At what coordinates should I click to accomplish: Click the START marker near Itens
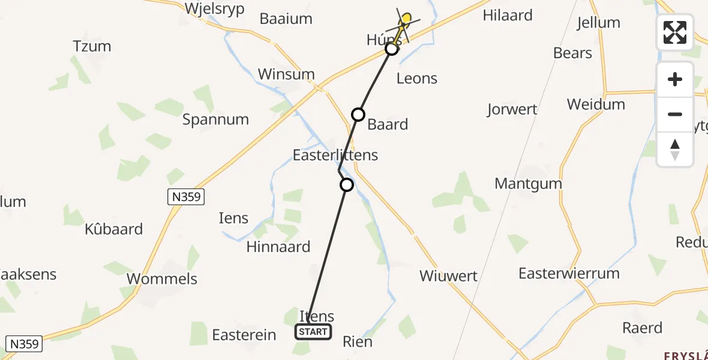pyautogui.click(x=313, y=332)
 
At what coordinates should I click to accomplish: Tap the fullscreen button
pyautogui.click(x=675, y=32)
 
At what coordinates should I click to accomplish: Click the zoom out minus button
pyautogui.click(x=675, y=114)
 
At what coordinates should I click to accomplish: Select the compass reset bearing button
pyautogui.click(x=675, y=149)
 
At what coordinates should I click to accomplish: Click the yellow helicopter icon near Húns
pyautogui.click(x=404, y=22)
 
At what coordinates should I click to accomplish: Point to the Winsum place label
pyautogui.click(x=286, y=74)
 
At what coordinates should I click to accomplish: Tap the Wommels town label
pyautogui.click(x=162, y=279)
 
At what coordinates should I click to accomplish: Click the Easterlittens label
pyautogui.click(x=335, y=155)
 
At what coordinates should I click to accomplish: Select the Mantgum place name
pyautogui.click(x=528, y=184)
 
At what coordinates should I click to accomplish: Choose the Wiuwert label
pyautogui.click(x=448, y=276)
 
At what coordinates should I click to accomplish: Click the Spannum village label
pyautogui.click(x=215, y=119)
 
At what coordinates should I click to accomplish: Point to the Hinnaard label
pyautogui.click(x=278, y=247)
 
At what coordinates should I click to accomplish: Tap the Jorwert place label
pyautogui.click(x=512, y=110)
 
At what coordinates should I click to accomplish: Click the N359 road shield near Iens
pyautogui.click(x=186, y=197)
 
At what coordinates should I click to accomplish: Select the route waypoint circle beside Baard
pyautogui.click(x=358, y=115)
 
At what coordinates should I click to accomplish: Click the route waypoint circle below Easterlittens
pyautogui.click(x=347, y=185)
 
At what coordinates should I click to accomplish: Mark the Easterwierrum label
pyautogui.click(x=569, y=274)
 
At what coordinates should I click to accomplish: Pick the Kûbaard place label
pyautogui.click(x=113, y=229)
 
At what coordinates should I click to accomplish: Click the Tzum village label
pyautogui.click(x=92, y=46)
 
